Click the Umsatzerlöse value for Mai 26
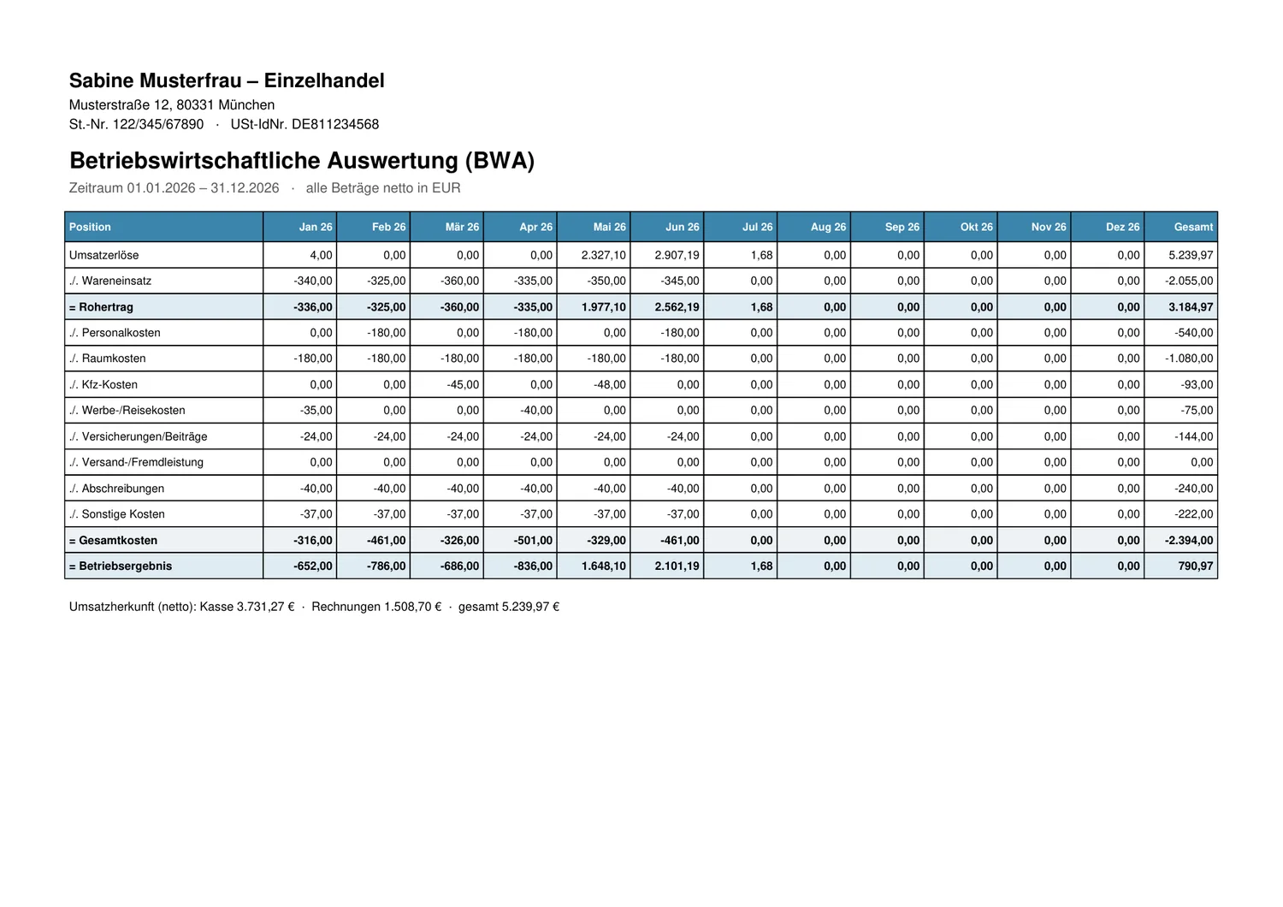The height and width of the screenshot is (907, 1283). pos(603,255)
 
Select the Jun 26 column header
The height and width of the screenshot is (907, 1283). pos(683,227)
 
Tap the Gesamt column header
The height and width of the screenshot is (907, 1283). pos(1193,227)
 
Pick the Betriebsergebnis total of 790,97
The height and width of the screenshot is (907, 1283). pos(1196,566)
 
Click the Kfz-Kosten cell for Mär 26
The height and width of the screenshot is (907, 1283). pos(463,384)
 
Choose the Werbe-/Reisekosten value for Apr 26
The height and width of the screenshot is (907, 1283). pos(536,410)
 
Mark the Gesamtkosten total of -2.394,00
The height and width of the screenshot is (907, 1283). pos(1189,540)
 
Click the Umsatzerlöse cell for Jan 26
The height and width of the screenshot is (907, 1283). pos(321,255)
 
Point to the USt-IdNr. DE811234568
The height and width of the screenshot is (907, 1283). pos(304,124)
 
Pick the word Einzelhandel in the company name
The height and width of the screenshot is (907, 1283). pos(324,80)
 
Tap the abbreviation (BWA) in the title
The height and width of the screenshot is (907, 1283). pos(500,161)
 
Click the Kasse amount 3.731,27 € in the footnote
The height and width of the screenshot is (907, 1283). pos(266,607)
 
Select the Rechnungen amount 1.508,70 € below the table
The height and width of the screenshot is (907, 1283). pos(412,607)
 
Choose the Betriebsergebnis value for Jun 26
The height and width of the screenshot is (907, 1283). pos(677,566)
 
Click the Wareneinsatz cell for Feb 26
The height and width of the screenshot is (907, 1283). pos(386,281)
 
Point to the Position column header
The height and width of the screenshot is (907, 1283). pos(90,227)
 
